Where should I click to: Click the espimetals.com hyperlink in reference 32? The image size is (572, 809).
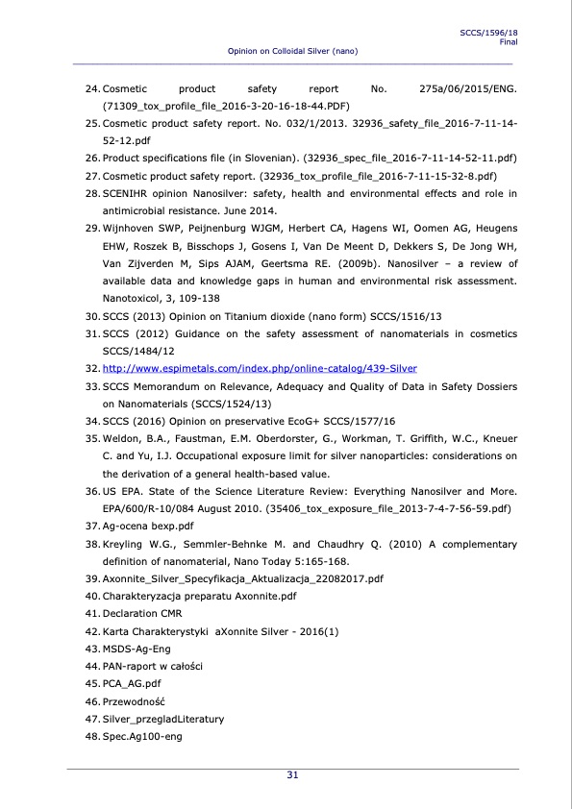click(x=260, y=368)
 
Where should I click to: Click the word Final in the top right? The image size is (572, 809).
click(x=509, y=41)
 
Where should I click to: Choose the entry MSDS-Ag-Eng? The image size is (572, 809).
click(x=137, y=648)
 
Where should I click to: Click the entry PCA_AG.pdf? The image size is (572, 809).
click(x=131, y=683)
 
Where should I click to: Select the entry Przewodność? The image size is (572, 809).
click(x=135, y=700)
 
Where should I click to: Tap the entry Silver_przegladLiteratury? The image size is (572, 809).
click(x=163, y=718)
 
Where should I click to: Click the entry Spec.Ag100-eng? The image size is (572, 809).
click(x=142, y=736)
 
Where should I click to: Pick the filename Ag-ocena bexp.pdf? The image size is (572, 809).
click(x=148, y=526)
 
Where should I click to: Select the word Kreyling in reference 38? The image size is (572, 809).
click(x=125, y=544)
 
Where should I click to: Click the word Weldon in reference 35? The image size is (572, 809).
click(x=123, y=438)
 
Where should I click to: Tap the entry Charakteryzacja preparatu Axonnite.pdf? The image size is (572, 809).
click(x=199, y=596)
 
